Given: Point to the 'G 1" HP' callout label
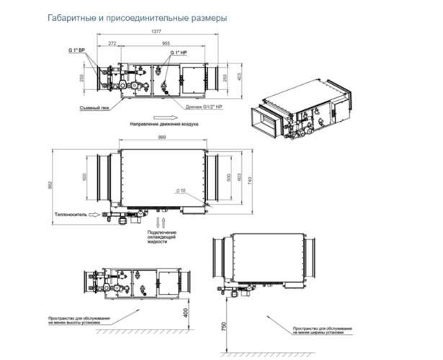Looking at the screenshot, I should tap(179, 55).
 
